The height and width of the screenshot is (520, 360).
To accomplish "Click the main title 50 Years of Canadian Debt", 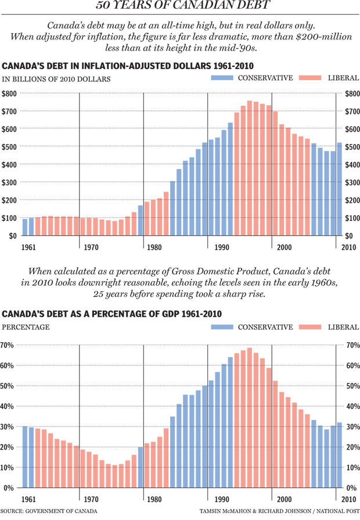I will point(180,8).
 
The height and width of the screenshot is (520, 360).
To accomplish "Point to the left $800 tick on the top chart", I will point(10,94).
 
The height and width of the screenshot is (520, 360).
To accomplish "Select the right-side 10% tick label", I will point(352,467).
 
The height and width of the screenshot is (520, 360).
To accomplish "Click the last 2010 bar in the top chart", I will point(339,189).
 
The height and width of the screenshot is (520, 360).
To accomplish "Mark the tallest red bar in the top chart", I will point(250,168).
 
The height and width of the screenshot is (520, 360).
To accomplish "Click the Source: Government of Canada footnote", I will point(41,512).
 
